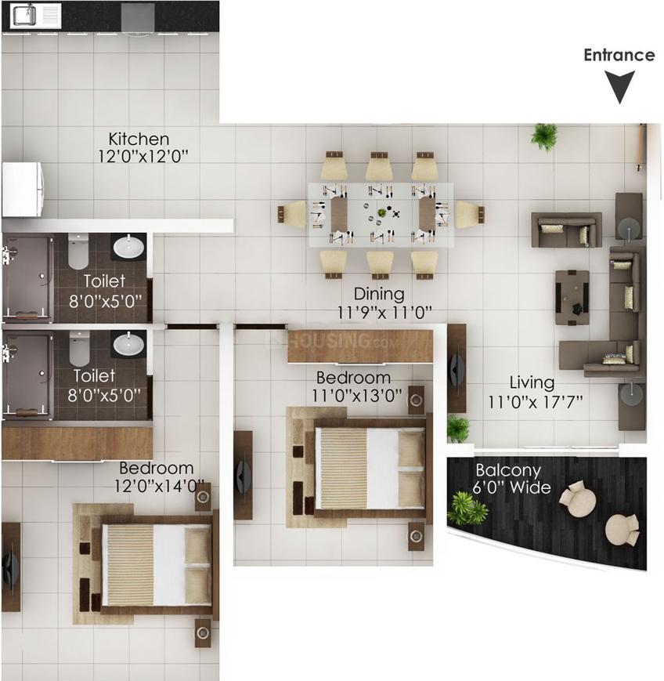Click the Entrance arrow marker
pyautogui.click(x=619, y=87)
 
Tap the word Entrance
pyautogui.click(x=619, y=55)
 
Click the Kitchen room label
pyautogui.click(x=139, y=139)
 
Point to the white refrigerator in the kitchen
pyautogui.click(x=23, y=190)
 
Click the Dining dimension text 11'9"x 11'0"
pyautogui.click(x=385, y=312)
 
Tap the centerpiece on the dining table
pyautogui.click(x=382, y=213)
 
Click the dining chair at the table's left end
pyautogui.click(x=292, y=214)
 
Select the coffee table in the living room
pyautogui.click(x=572, y=298)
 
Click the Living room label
pyautogui.click(x=532, y=382)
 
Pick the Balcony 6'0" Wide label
pyautogui.click(x=511, y=479)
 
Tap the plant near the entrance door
pyautogui.click(x=543, y=137)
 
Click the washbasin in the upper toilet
pyautogui.click(x=128, y=247)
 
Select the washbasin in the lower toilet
pyautogui.click(x=128, y=343)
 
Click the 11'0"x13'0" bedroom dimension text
pyautogui.click(x=357, y=396)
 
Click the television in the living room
pyautogui.click(x=456, y=369)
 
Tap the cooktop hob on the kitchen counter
pyautogui.click(x=138, y=18)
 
